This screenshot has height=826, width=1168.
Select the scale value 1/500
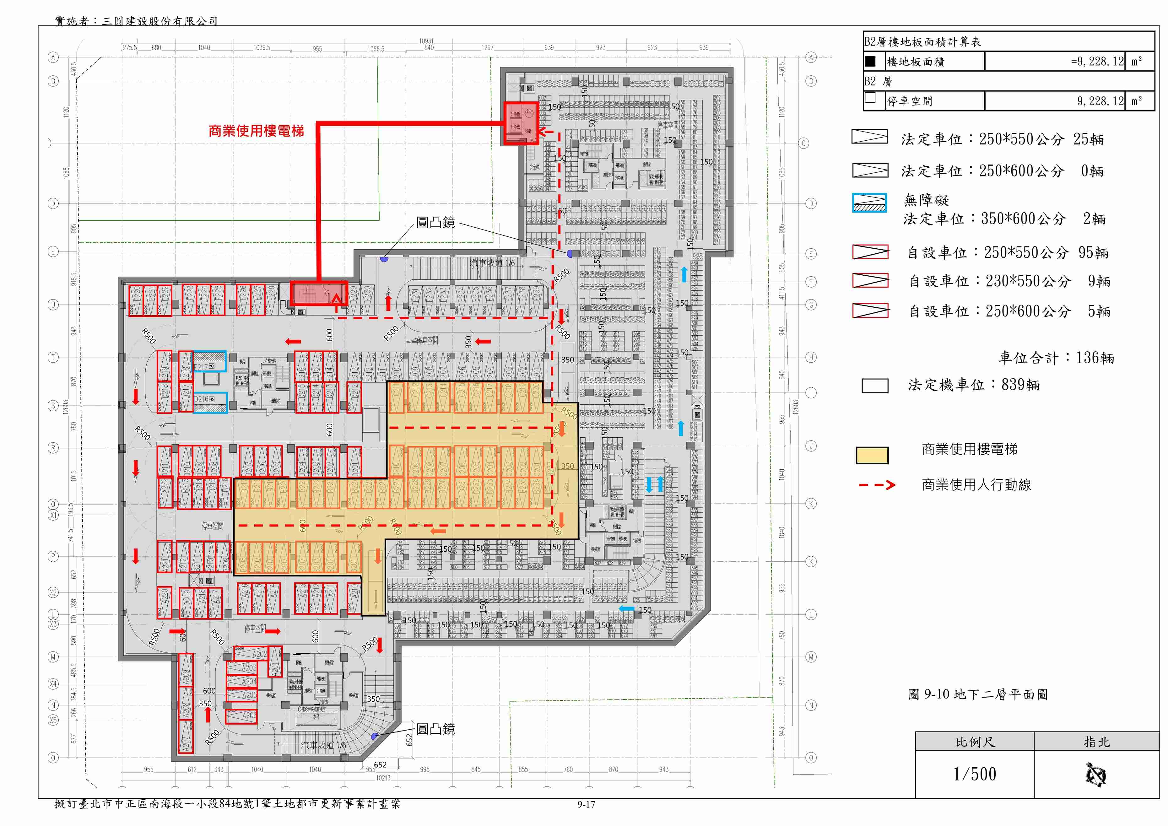point(974,774)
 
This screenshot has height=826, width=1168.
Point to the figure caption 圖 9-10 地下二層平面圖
point(978,694)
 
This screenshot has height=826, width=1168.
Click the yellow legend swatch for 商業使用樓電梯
point(872,455)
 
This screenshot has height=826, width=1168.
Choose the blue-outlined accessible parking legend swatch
point(869,202)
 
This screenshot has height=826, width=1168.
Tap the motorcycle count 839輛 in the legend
point(1020,385)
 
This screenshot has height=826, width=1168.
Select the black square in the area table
point(870,62)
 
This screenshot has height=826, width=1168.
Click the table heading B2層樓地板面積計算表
point(922,42)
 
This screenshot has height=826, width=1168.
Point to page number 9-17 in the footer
point(586,804)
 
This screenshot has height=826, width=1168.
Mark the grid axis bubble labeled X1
point(53,515)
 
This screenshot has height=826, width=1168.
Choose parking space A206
point(242,715)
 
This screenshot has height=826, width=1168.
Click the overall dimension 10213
point(383,778)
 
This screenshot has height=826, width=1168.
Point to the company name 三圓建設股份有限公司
point(160,21)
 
